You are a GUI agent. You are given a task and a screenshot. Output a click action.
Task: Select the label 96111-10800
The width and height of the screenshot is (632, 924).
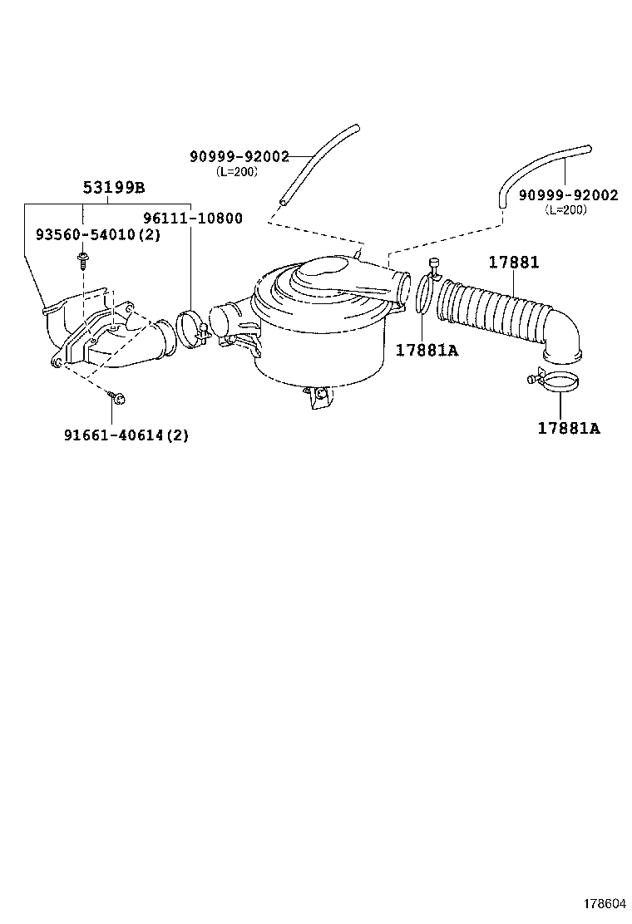(x=193, y=219)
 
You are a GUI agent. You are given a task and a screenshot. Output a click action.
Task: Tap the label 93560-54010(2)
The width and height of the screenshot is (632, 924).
(x=97, y=235)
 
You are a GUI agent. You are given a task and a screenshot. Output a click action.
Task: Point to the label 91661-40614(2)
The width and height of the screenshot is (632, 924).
(x=126, y=435)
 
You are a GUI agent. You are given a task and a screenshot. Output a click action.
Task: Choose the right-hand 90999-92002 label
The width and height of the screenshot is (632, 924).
(x=568, y=195)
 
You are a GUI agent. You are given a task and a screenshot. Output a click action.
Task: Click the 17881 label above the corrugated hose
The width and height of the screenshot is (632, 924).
(x=513, y=263)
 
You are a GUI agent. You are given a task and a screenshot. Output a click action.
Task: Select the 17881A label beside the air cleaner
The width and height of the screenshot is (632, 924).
(x=427, y=350)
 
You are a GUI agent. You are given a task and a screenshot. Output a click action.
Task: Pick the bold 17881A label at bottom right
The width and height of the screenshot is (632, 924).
(x=569, y=429)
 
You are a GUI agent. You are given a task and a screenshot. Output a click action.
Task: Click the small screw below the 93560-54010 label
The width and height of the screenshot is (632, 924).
(x=82, y=261)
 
